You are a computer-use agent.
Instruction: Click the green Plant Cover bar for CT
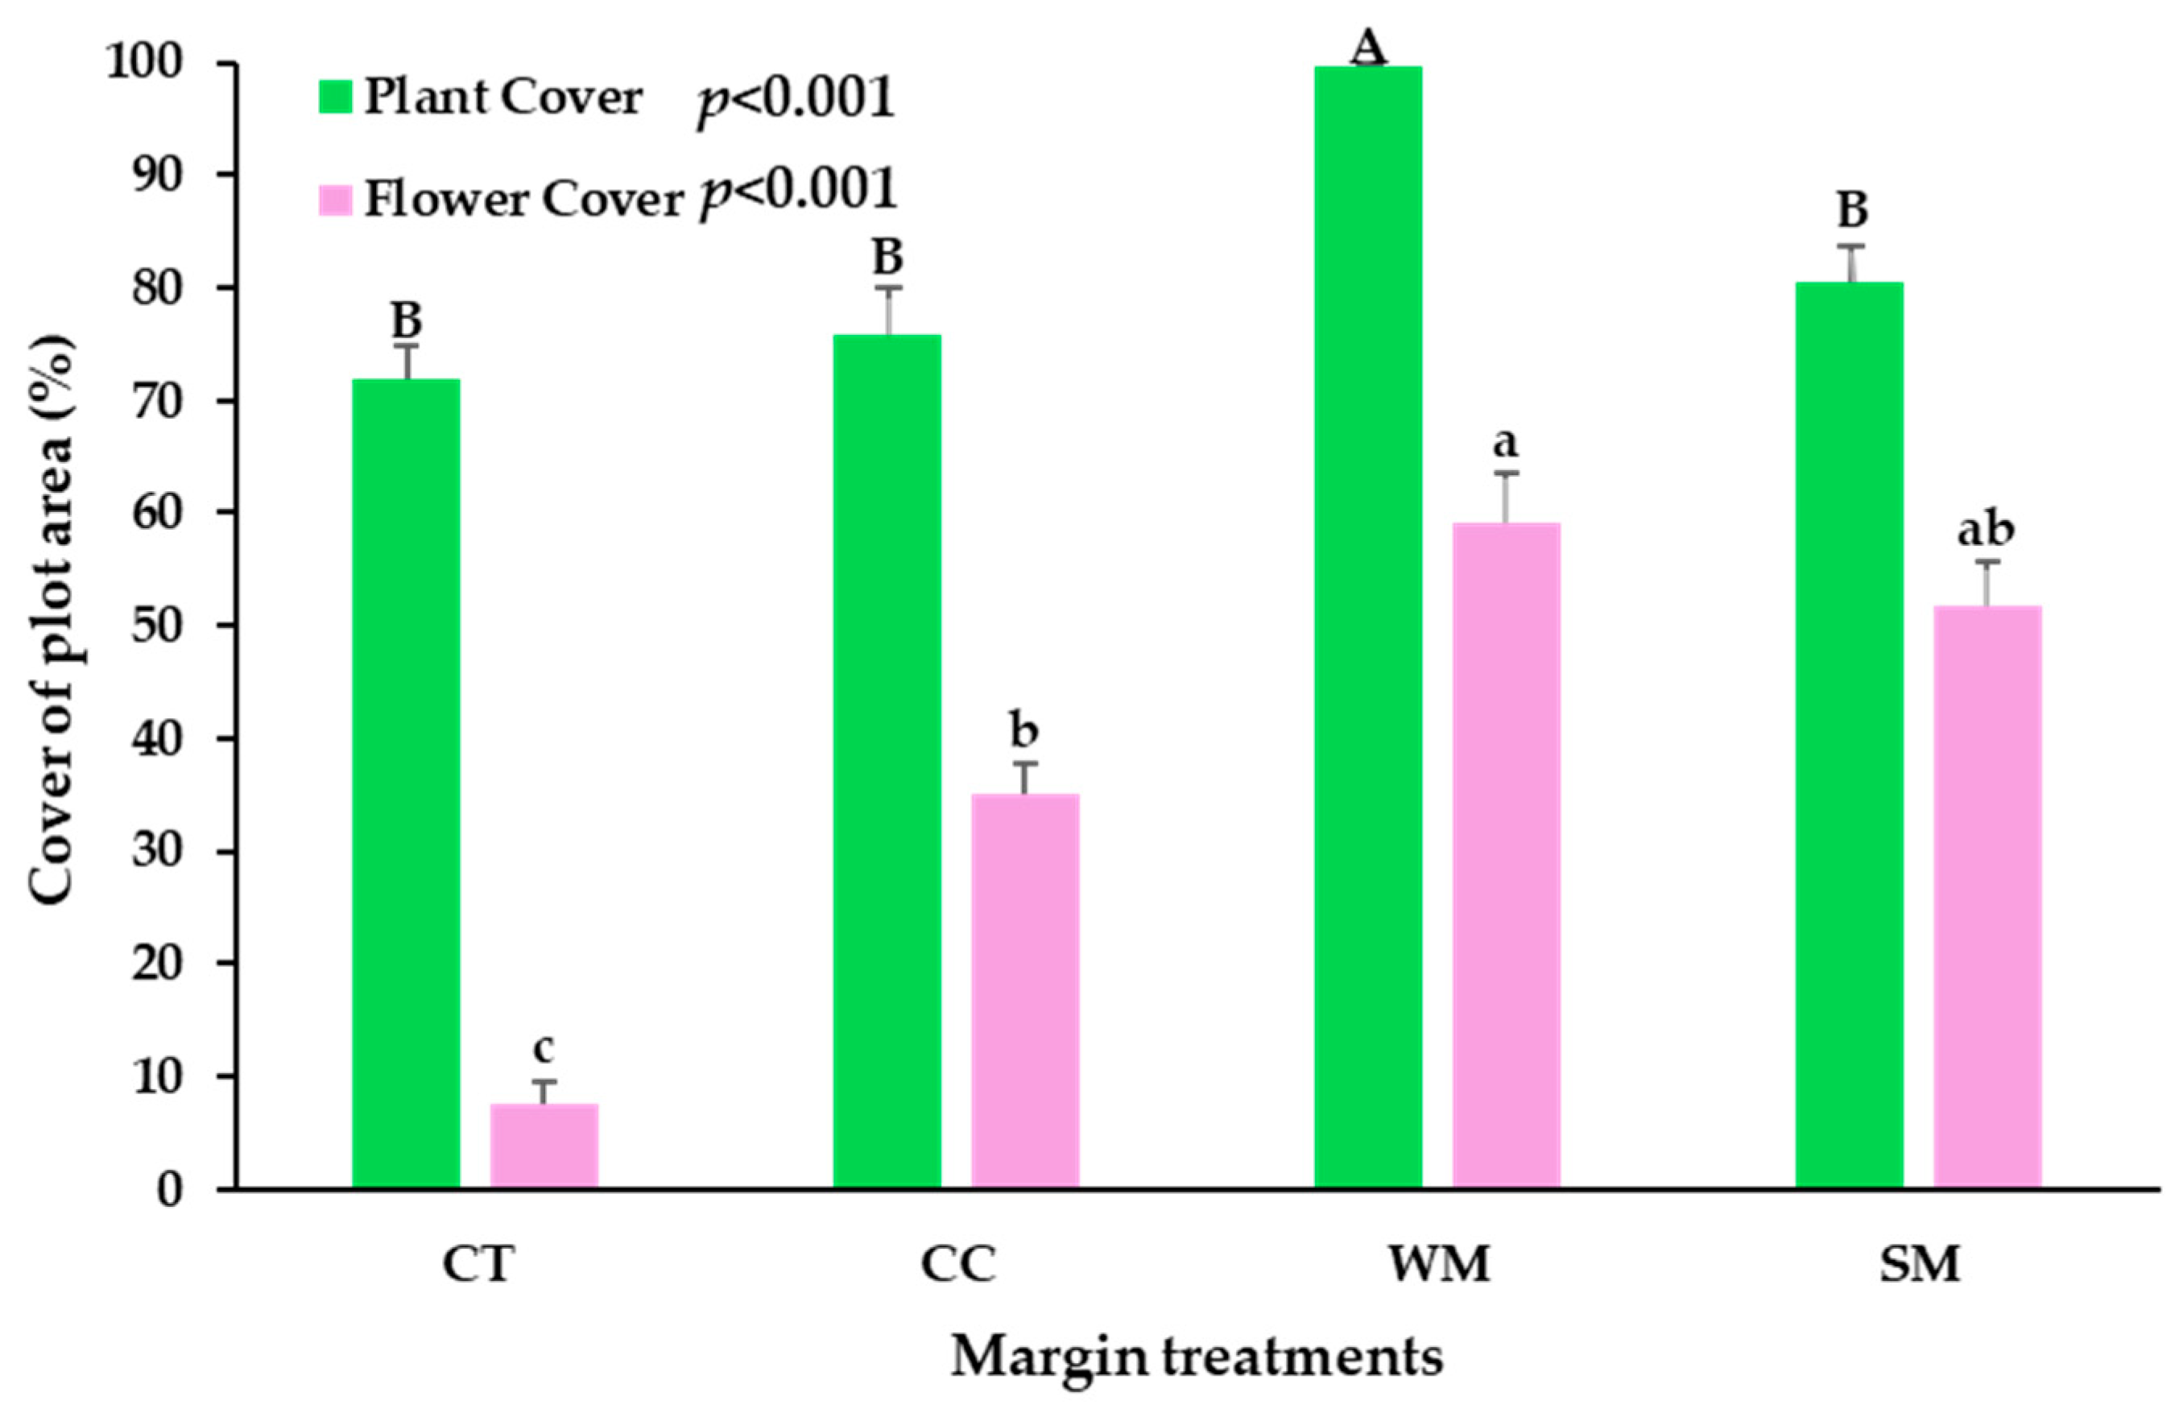(407, 784)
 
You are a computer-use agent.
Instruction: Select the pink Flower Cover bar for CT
(544, 1146)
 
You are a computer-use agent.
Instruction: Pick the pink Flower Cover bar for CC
(1024, 990)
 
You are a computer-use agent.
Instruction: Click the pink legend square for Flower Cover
(336, 199)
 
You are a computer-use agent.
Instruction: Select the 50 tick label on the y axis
(158, 626)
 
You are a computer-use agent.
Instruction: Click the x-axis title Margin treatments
(1197, 1357)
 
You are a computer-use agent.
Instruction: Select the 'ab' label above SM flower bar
(1987, 530)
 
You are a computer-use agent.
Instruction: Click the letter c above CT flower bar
(544, 1048)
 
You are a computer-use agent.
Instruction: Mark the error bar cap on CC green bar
(887, 288)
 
